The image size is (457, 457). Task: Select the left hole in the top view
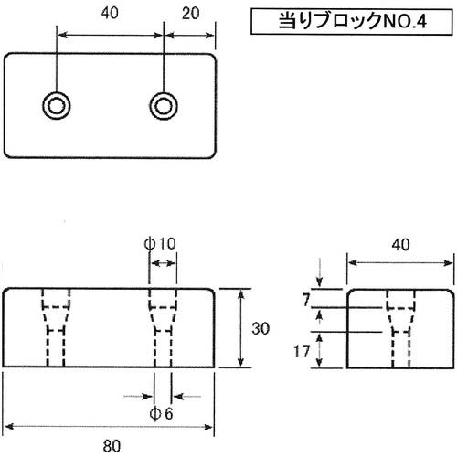coord(58,106)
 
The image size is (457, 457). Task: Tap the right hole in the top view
coord(164,106)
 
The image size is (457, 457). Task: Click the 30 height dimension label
coord(260,328)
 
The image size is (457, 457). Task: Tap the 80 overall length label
coord(110,447)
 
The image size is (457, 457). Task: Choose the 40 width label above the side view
coord(399,244)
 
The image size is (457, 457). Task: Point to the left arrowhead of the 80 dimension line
coord(8,427)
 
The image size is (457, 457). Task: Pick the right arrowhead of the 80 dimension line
coord(212,427)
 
